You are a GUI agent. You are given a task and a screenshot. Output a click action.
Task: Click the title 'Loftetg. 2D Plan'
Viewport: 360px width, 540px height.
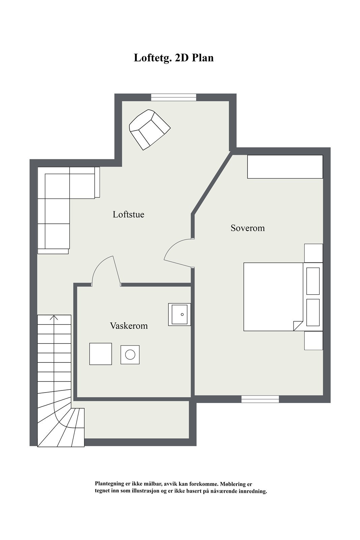(x=174, y=58)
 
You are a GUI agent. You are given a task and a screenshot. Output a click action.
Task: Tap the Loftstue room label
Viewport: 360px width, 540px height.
(x=129, y=215)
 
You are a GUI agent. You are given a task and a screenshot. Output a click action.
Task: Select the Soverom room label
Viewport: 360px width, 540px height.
(x=248, y=228)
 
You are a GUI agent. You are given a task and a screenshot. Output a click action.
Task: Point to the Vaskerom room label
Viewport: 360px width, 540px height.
(x=129, y=326)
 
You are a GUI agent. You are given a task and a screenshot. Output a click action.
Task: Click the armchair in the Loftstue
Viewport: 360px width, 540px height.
(x=149, y=130)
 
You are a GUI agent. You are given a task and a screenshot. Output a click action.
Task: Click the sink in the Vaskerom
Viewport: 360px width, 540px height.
(x=179, y=315)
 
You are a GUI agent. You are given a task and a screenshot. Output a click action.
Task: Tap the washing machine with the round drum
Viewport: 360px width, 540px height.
(x=130, y=355)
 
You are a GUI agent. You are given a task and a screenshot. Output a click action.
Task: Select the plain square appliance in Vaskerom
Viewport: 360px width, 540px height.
(x=101, y=354)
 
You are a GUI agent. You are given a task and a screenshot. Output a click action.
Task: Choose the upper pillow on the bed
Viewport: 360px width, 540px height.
(x=313, y=281)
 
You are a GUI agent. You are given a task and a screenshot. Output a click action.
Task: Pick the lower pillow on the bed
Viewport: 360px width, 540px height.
(x=313, y=313)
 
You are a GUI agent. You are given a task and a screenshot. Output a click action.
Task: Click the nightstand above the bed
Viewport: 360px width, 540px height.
(x=313, y=253)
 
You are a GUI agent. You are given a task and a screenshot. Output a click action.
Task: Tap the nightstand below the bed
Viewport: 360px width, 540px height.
(x=313, y=341)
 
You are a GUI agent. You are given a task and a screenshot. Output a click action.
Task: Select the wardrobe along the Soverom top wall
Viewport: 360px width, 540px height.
(x=285, y=167)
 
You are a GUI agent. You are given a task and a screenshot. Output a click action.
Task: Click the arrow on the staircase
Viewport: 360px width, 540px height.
(x=54, y=318)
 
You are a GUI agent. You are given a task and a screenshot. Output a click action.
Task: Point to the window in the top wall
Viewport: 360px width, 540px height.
(x=173, y=98)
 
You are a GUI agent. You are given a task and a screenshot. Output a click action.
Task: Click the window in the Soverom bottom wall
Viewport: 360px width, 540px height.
(x=260, y=399)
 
